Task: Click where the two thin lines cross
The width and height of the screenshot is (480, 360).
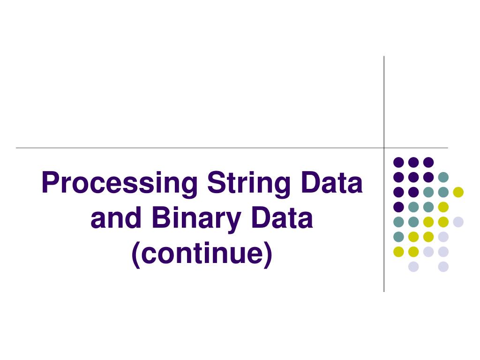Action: (384, 148)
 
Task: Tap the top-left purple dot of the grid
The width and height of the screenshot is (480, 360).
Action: (398, 162)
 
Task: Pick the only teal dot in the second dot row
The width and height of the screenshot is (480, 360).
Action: (443, 177)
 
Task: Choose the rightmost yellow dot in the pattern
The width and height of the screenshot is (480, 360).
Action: (458, 192)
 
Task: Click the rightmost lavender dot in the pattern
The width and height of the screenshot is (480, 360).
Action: (458, 222)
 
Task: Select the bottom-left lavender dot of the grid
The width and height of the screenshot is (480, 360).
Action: (413, 267)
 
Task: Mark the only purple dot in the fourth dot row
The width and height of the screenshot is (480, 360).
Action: (398, 207)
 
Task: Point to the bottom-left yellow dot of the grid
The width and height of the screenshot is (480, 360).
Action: (398, 252)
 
